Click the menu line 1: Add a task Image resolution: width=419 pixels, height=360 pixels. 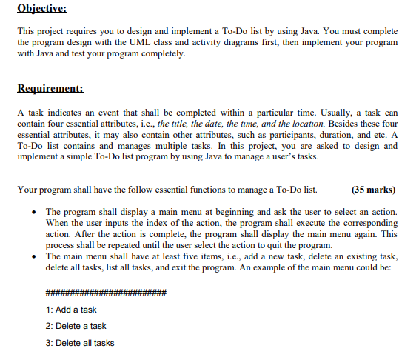coord(71,310)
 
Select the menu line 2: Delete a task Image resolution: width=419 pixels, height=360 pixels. coord(76,326)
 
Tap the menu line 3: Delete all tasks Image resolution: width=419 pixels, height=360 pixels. coord(80,343)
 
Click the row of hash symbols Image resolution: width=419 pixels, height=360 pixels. coord(105,293)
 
